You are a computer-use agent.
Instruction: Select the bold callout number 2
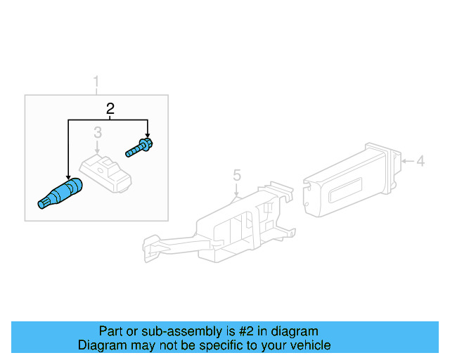pos(110,108)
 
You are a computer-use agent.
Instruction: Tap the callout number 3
pos(98,132)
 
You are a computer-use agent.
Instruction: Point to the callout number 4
pos(420,162)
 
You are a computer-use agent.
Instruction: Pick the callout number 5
pos(237,174)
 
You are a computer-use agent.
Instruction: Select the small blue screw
pos(141,148)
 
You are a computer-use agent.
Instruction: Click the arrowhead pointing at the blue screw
pos(148,136)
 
